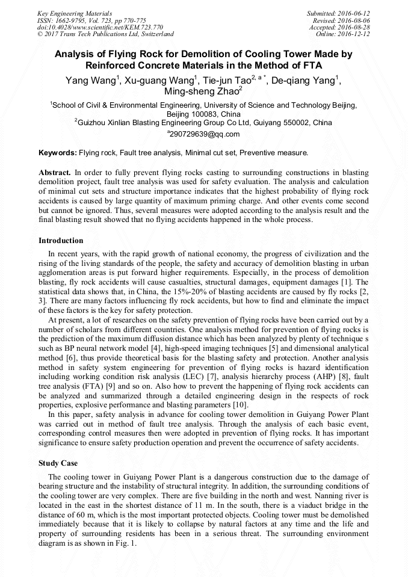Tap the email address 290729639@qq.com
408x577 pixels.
point(203,134)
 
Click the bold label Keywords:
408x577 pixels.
point(57,153)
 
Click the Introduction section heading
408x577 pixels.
point(61,241)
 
